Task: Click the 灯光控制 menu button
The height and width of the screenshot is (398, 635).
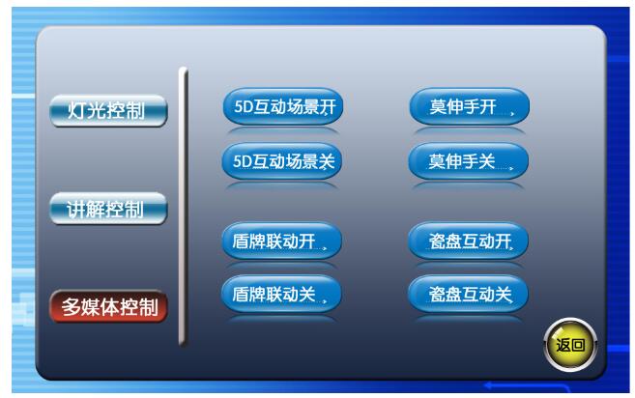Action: [x=108, y=110]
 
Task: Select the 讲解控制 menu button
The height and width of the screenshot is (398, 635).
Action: [x=108, y=209]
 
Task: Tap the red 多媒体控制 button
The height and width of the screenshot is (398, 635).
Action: [x=108, y=306]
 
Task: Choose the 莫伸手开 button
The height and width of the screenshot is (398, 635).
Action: [x=470, y=106]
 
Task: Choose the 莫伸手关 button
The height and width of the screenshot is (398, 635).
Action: [x=469, y=161]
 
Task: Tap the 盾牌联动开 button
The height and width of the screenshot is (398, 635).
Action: [x=282, y=241]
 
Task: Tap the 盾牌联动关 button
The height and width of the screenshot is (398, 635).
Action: [x=281, y=294]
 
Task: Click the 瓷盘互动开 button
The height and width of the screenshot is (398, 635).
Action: [x=469, y=241]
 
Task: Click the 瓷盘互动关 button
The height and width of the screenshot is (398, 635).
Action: [x=469, y=294]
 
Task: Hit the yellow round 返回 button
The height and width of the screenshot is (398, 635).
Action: [x=570, y=345]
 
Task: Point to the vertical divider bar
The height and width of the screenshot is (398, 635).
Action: [x=183, y=207]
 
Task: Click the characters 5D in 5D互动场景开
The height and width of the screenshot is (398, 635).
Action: [x=244, y=106]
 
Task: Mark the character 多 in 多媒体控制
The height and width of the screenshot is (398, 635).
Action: [x=72, y=307]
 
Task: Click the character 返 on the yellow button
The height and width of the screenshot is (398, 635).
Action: [x=563, y=345]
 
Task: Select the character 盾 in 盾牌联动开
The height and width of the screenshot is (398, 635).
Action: [x=241, y=242]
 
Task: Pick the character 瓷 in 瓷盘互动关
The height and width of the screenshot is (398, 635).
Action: [x=438, y=295]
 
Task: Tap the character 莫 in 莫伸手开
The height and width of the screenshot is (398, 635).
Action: [x=438, y=107]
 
